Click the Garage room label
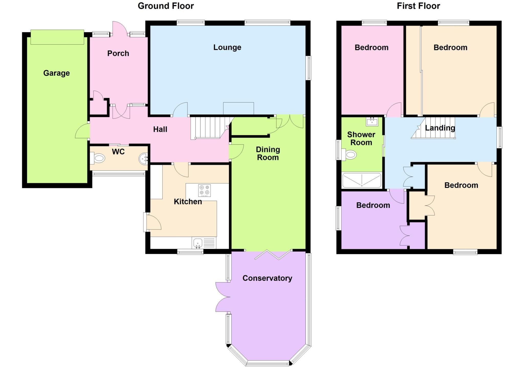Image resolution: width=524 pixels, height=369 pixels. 57,73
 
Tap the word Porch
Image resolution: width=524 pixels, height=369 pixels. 118,54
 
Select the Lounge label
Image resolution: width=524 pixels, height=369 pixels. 227,47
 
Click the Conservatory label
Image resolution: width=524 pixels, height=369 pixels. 267,278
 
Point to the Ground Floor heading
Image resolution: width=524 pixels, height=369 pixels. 166,6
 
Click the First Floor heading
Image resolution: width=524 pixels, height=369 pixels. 418,6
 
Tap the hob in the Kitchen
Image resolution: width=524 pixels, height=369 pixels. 204,191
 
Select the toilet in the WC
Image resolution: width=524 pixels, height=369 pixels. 98,158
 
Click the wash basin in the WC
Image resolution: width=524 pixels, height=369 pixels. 144,159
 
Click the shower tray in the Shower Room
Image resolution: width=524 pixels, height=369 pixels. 362,180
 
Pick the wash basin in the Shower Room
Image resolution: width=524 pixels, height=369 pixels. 372,122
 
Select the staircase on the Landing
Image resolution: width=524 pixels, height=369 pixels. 435,128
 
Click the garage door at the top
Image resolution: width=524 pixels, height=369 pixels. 57,37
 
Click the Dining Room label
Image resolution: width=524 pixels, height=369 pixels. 268,153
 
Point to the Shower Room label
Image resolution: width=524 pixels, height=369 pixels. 361,139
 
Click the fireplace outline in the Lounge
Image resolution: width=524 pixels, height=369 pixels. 238,108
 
